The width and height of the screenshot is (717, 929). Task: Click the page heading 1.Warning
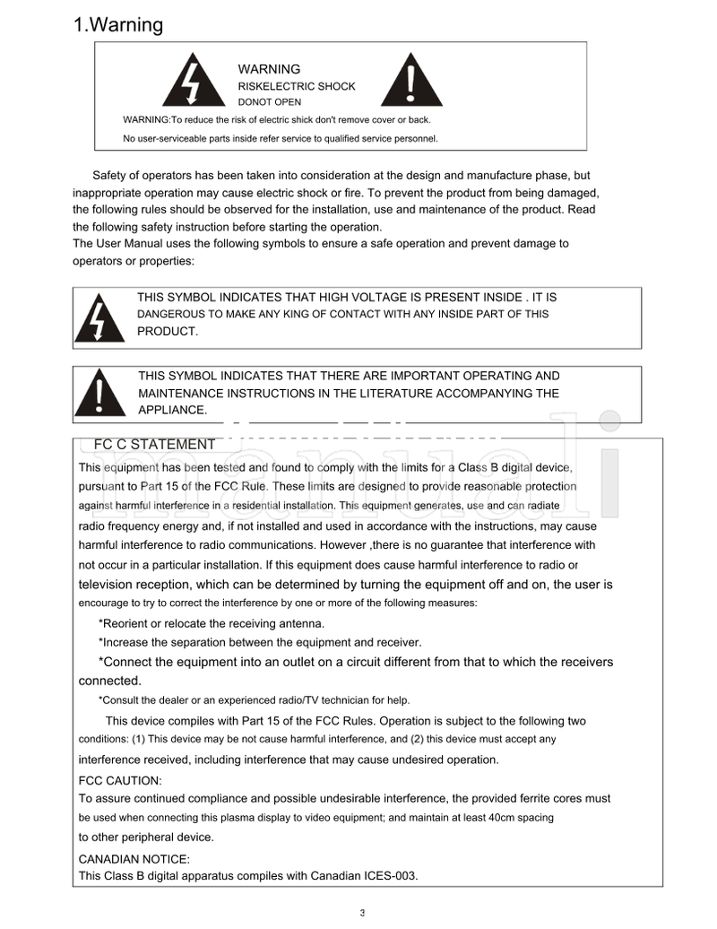pos(118,25)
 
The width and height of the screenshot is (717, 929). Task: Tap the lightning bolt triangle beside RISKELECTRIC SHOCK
pos(192,82)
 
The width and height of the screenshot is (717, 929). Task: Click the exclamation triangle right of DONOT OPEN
pos(410,82)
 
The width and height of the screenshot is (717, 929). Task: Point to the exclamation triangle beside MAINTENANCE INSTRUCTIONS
pos(99,395)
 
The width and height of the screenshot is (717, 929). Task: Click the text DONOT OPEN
pos(269,102)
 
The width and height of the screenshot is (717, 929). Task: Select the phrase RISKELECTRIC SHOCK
pos(296,87)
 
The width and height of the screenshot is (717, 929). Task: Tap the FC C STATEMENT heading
pos(154,445)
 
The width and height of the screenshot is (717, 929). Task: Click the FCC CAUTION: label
pos(120,780)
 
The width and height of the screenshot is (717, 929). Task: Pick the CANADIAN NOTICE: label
pos(134,859)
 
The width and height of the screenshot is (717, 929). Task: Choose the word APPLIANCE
pos(172,410)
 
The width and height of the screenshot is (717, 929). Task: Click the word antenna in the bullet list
pos(300,623)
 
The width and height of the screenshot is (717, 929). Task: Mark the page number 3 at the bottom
pos(362,913)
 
